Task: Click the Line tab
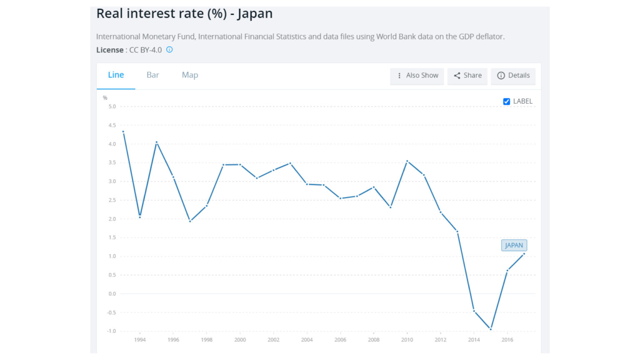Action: pyautogui.click(x=116, y=75)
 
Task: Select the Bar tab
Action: pyautogui.click(x=152, y=75)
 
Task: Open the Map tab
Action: pyautogui.click(x=190, y=75)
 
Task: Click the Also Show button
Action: pyautogui.click(x=417, y=75)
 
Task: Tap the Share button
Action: pyautogui.click(x=467, y=75)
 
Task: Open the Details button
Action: pyautogui.click(x=513, y=75)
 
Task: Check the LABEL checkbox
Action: pyautogui.click(x=507, y=101)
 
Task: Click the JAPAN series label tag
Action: pyautogui.click(x=514, y=245)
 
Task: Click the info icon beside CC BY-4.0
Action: pyautogui.click(x=170, y=50)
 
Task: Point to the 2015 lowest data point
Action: pyautogui.click(x=490, y=329)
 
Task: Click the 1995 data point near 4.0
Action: pyautogui.click(x=157, y=142)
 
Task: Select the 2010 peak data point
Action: pyautogui.click(x=407, y=161)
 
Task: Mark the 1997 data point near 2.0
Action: pyautogui.click(x=190, y=221)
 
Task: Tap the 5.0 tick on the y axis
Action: pyautogui.click(x=112, y=107)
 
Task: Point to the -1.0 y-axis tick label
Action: pyautogui.click(x=111, y=331)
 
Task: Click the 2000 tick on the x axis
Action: pyautogui.click(x=240, y=340)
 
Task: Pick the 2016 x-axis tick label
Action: pyautogui.click(x=507, y=340)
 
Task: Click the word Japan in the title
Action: pyautogui.click(x=255, y=14)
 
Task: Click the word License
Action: pyautogui.click(x=110, y=50)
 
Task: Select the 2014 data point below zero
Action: pyautogui.click(x=474, y=310)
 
